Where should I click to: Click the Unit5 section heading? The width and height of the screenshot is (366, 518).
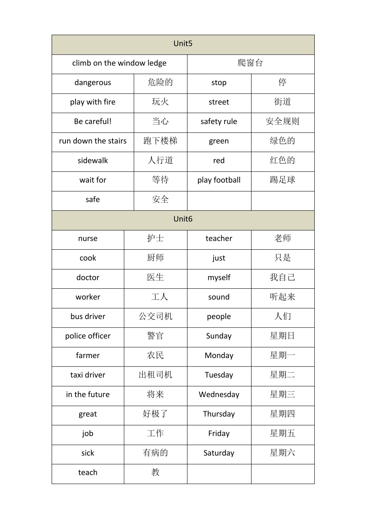183,44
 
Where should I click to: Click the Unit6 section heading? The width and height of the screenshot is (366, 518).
183,219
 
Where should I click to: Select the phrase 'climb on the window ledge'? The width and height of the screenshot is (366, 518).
119,63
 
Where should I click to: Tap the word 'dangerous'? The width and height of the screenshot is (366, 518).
92,82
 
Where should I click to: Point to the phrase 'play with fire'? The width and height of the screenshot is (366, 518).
92,102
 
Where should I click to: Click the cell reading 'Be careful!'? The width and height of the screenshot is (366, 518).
92,121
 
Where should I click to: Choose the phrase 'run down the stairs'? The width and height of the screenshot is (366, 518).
92,141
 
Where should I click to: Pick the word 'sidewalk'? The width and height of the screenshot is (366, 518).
92,161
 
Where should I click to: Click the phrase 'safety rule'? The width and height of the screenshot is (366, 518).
219,121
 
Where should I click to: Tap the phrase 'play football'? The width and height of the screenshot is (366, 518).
219,180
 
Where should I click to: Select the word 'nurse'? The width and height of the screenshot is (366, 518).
88,239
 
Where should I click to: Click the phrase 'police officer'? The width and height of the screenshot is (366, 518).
88,336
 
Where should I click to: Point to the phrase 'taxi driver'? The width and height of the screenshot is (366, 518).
88,375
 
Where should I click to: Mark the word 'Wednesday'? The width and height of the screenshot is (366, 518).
219,395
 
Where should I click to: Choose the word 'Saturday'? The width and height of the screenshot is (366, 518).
219,453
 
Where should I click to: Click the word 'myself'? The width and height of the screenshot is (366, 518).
219,277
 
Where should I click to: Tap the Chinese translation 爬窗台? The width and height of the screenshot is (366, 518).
250,63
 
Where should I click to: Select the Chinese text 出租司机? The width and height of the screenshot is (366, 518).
156,375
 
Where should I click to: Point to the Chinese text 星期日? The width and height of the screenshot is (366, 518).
282,336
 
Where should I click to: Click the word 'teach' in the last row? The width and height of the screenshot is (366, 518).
88,473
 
